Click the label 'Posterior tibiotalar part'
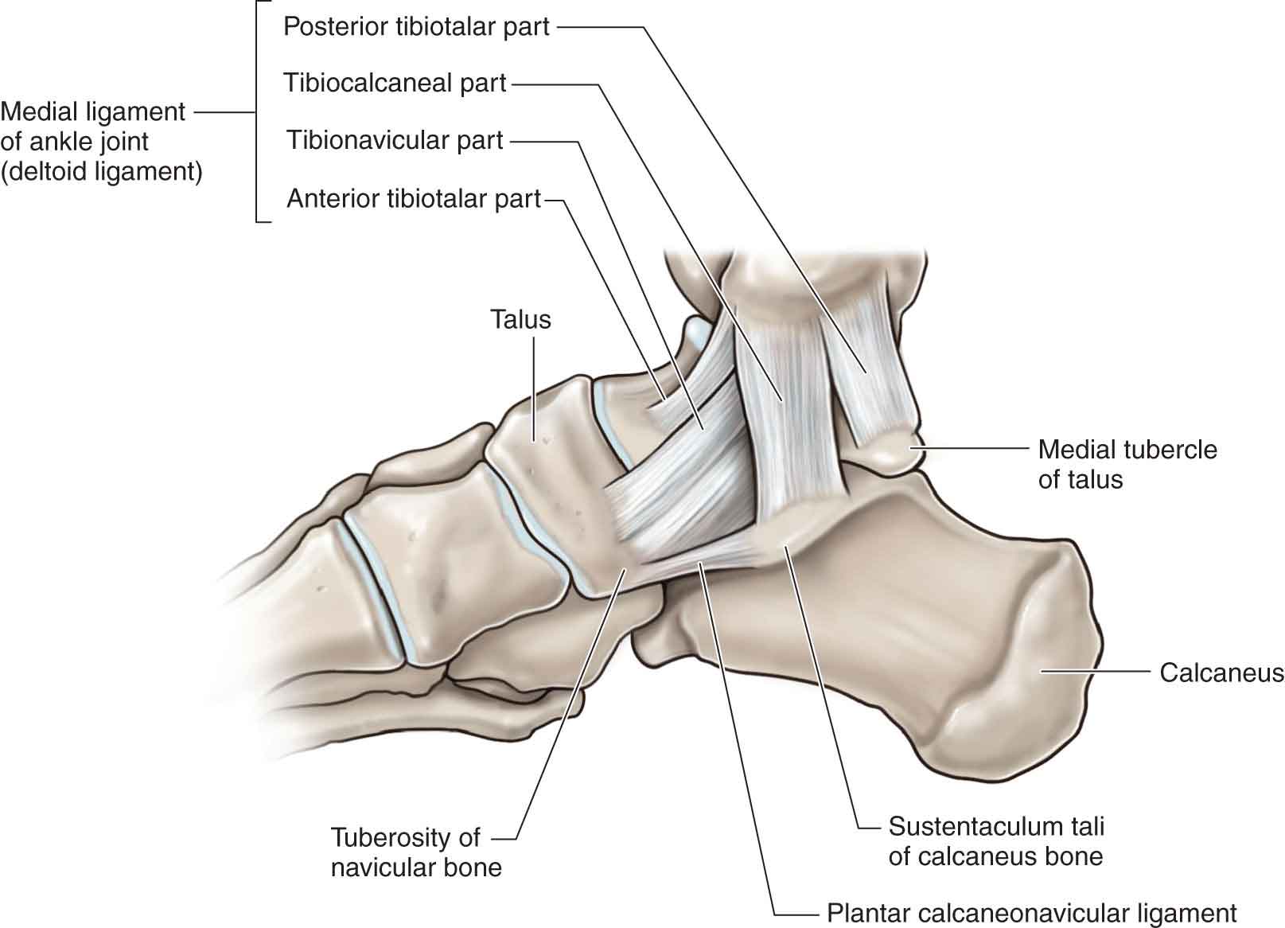point(416,26)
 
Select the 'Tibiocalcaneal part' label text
point(395,83)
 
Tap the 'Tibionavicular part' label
point(395,141)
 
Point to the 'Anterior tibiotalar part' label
point(414,198)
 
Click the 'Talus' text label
point(520,319)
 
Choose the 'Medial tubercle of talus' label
point(1127,464)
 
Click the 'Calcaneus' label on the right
point(1221,673)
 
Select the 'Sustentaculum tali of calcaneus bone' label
point(996,841)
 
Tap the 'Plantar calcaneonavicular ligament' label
point(1032,913)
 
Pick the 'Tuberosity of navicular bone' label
point(415,852)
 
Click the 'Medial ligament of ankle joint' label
point(93,127)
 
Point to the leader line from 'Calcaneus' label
point(1096,672)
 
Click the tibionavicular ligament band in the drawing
point(684,478)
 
